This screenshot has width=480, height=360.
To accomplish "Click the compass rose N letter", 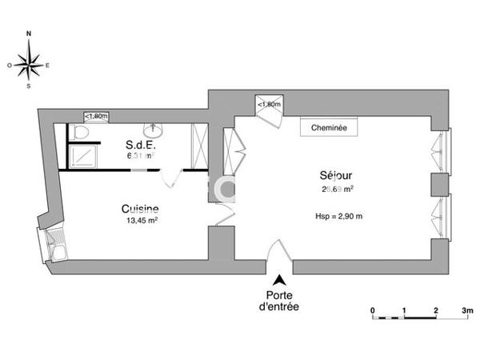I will click(x=30, y=34).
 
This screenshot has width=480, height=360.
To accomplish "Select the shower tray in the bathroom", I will click(x=81, y=155).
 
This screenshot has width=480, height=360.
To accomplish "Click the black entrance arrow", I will click(x=280, y=280).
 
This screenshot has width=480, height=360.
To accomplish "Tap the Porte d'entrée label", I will click(x=280, y=301).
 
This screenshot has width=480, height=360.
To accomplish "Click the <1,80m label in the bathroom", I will click(x=98, y=116).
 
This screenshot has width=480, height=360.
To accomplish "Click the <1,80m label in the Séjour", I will click(x=269, y=104).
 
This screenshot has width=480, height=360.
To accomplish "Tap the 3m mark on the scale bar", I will click(x=466, y=308).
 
